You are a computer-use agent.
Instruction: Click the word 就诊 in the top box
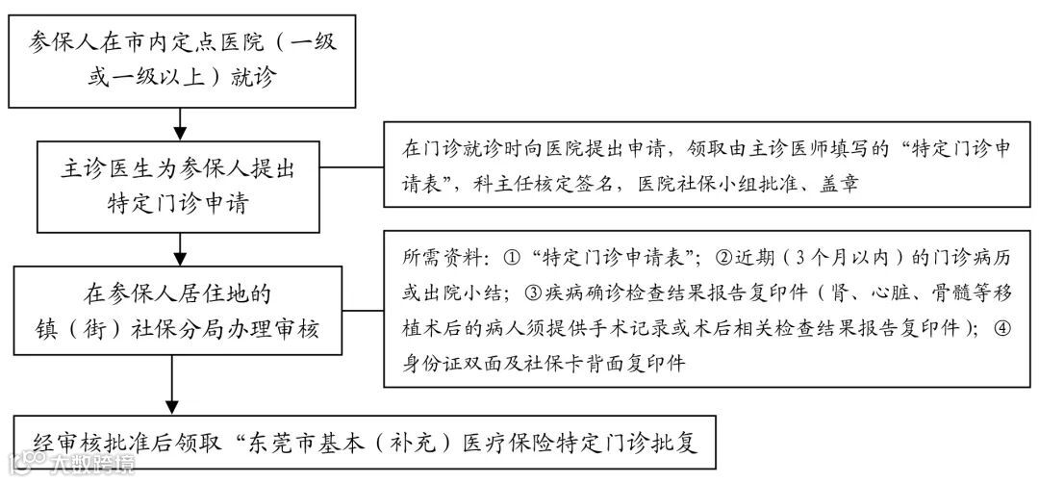253,78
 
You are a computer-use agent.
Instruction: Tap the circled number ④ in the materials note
1003,328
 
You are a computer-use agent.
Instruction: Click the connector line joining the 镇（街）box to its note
365,311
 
